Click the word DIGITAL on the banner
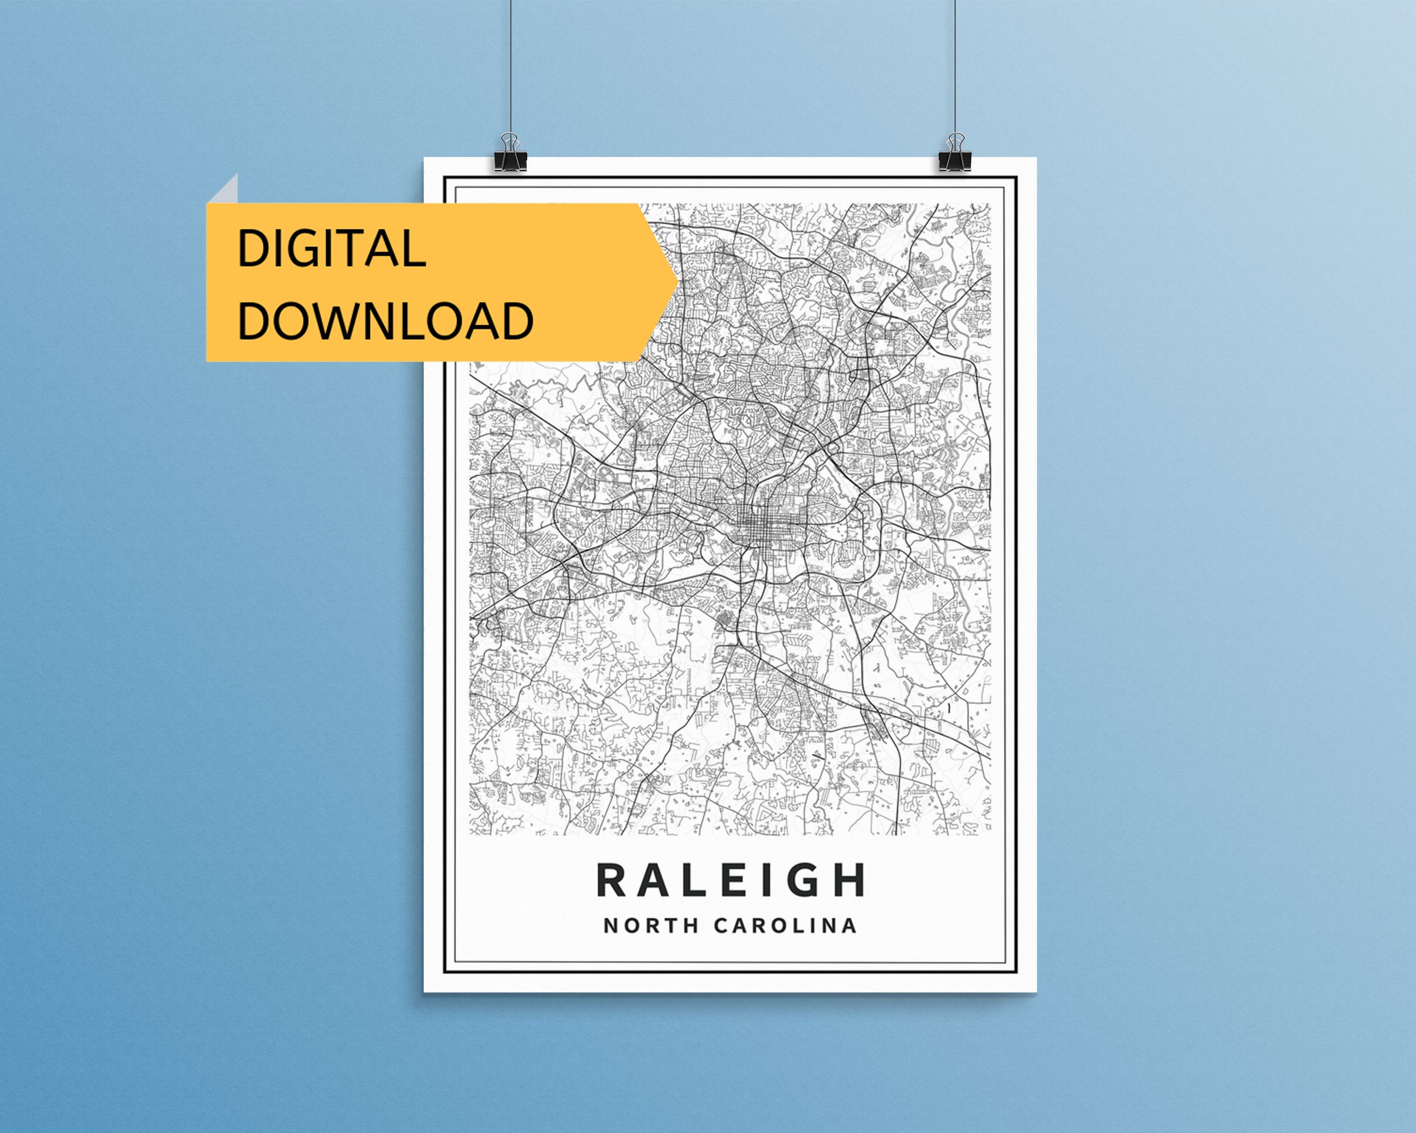(332, 248)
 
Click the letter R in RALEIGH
(611, 881)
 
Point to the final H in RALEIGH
(851, 881)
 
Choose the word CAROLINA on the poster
(786, 926)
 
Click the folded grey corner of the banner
(225, 190)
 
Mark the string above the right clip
(955, 66)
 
